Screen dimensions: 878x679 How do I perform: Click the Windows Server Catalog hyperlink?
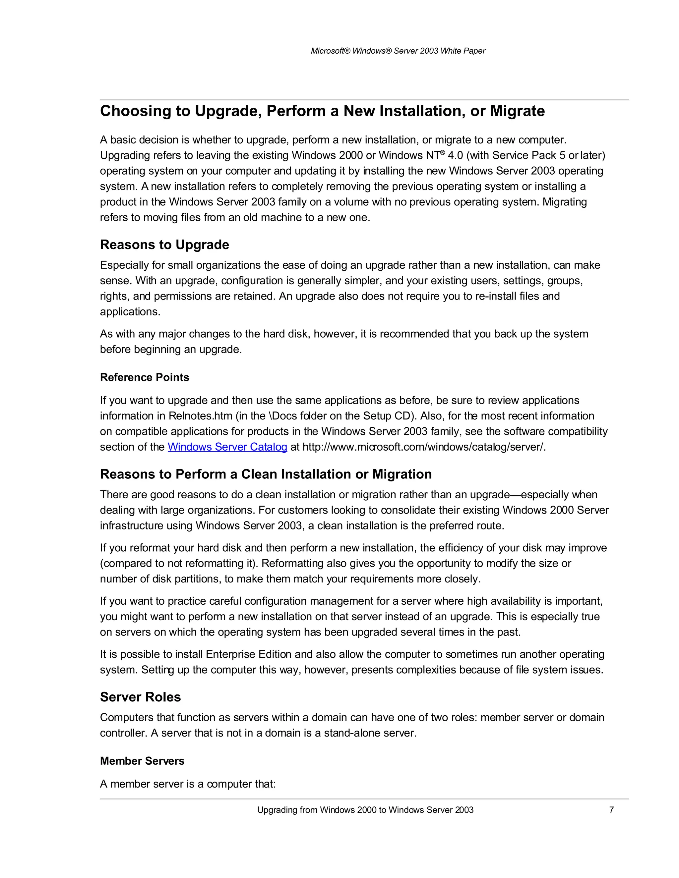227,447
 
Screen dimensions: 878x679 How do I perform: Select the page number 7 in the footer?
611,810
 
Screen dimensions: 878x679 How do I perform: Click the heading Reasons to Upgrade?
164,245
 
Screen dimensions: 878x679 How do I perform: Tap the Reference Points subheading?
145,377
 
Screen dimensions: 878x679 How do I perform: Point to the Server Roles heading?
140,697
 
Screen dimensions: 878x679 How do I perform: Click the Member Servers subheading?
142,761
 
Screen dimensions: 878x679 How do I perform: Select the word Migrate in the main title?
517,111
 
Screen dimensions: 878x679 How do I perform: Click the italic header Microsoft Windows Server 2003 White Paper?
398,51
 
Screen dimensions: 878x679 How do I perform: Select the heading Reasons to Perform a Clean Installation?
266,474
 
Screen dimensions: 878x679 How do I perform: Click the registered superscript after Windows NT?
443,152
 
